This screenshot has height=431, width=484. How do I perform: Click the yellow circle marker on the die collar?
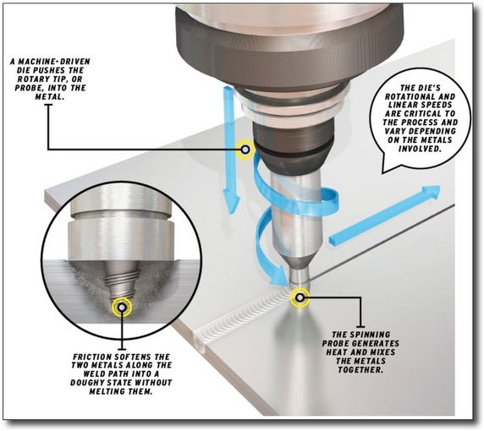[x=245, y=150]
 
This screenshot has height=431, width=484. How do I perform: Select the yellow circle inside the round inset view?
[x=124, y=305]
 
